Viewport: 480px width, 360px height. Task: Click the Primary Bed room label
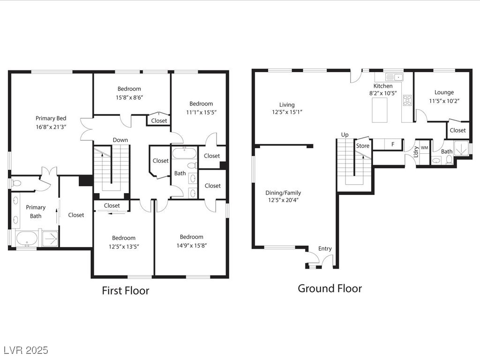(x=51, y=119)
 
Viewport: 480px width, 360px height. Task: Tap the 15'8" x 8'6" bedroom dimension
(x=129, y=97)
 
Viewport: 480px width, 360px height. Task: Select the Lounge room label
(x=444, y=92)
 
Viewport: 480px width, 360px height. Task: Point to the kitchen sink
(x=394, y=77)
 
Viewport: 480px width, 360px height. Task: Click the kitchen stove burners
(x=407, y=100)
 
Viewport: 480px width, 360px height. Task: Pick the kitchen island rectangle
(x=380, y=110)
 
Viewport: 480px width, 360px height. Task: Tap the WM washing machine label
(x=424, y=148)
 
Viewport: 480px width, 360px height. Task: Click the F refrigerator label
(x=393, y=144)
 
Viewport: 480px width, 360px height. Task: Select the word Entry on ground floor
(x=325, y=249)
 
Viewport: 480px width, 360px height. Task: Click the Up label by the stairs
(x=345, y=135)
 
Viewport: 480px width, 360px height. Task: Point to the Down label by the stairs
(x=120, y=140)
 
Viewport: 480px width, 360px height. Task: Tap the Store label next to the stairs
(x=363, y=146)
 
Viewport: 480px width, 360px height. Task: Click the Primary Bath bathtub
(x=27, y=239)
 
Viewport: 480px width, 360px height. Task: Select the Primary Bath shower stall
(x=50, y=238)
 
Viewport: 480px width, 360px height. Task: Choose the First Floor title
(x=126, y=291)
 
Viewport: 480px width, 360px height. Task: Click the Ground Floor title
(x=330, y=288)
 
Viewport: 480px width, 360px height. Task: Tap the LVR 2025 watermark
(x=26, y=350)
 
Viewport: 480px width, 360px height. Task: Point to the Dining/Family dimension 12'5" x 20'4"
(x=284, y=200)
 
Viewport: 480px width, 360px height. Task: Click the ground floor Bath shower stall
(x=461, y=148)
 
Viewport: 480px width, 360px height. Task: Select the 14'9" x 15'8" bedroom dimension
(x=192, y=246)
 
